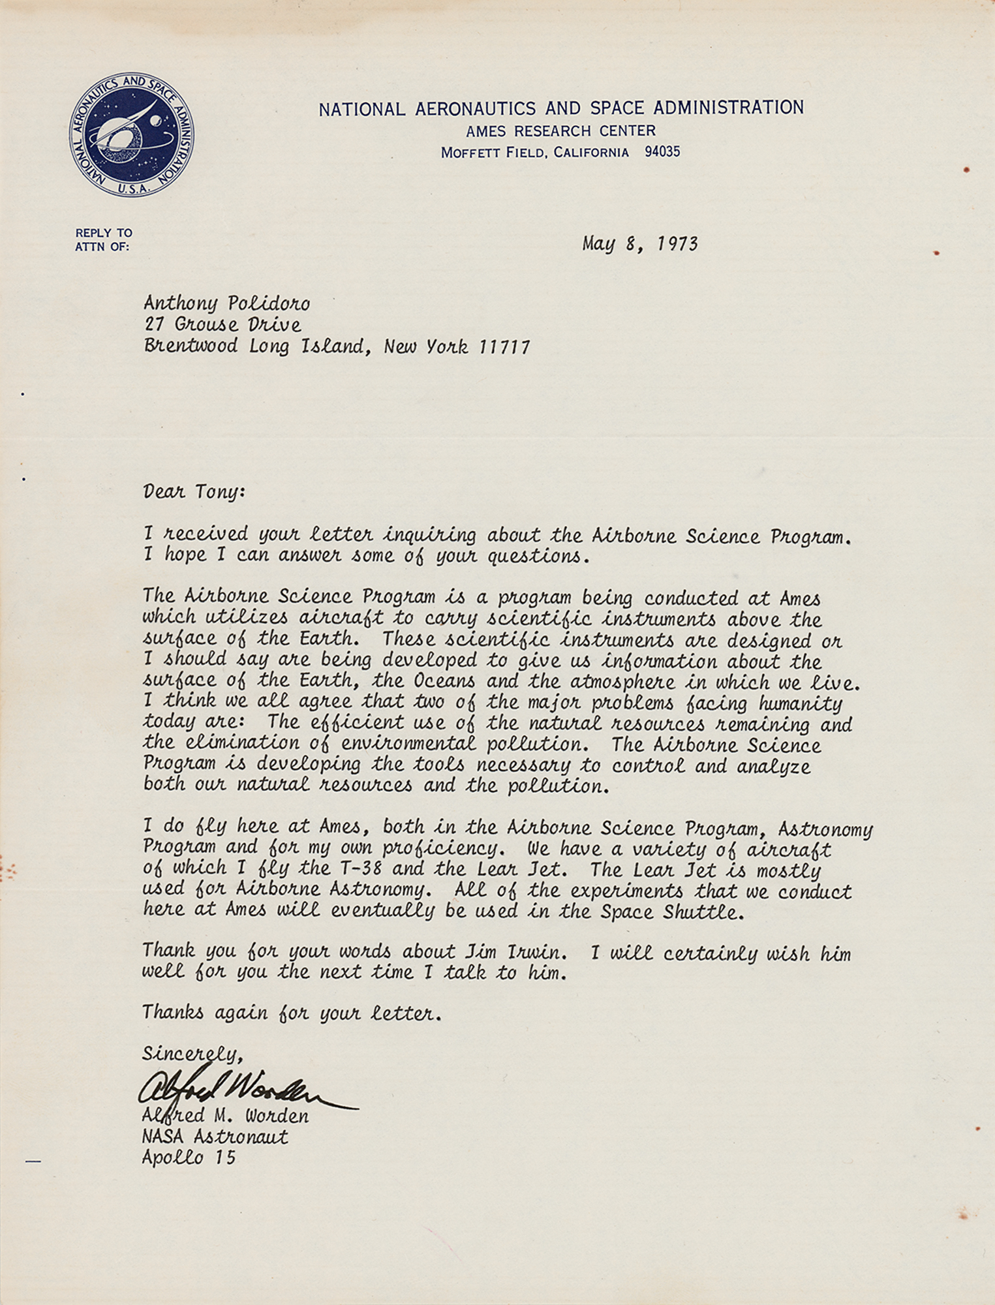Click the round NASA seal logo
tap(131, 134)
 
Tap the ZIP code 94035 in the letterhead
tap(662, 152)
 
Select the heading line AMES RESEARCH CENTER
tap(560, 131)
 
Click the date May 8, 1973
tap(639, 244)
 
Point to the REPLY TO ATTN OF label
tap(103, 239)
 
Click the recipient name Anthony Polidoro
tap(226, 303)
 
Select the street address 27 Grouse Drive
tap(222, 324)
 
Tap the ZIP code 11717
tap(504, 346)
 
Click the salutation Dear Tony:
tap(194, 491)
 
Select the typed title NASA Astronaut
tap(215, 1137)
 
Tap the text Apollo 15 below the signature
tap(189, 1158)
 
